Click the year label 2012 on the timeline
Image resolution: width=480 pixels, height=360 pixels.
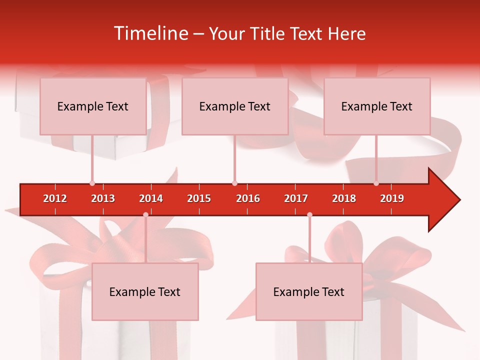55,198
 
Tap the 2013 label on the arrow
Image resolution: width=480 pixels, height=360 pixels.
103,198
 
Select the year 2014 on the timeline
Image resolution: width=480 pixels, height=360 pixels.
151,198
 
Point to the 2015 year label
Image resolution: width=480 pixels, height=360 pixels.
199,198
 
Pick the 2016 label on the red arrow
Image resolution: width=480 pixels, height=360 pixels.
248,198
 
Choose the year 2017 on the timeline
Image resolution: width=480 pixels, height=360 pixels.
296,198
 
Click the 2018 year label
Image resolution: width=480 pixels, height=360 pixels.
344,198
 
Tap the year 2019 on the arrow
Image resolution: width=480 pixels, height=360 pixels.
392,198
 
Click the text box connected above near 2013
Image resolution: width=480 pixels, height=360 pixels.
93,106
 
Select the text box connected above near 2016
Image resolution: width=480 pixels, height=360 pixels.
235,106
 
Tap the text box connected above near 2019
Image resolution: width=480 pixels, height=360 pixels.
377,106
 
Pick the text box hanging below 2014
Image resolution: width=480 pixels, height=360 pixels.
145,292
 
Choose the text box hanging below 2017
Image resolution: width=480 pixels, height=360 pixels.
309,292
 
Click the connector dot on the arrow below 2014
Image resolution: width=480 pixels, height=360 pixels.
145,215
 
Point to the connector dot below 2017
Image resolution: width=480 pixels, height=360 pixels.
309,215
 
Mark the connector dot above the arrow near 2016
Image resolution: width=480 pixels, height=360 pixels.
234,183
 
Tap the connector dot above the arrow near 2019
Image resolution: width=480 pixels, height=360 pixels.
376,183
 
